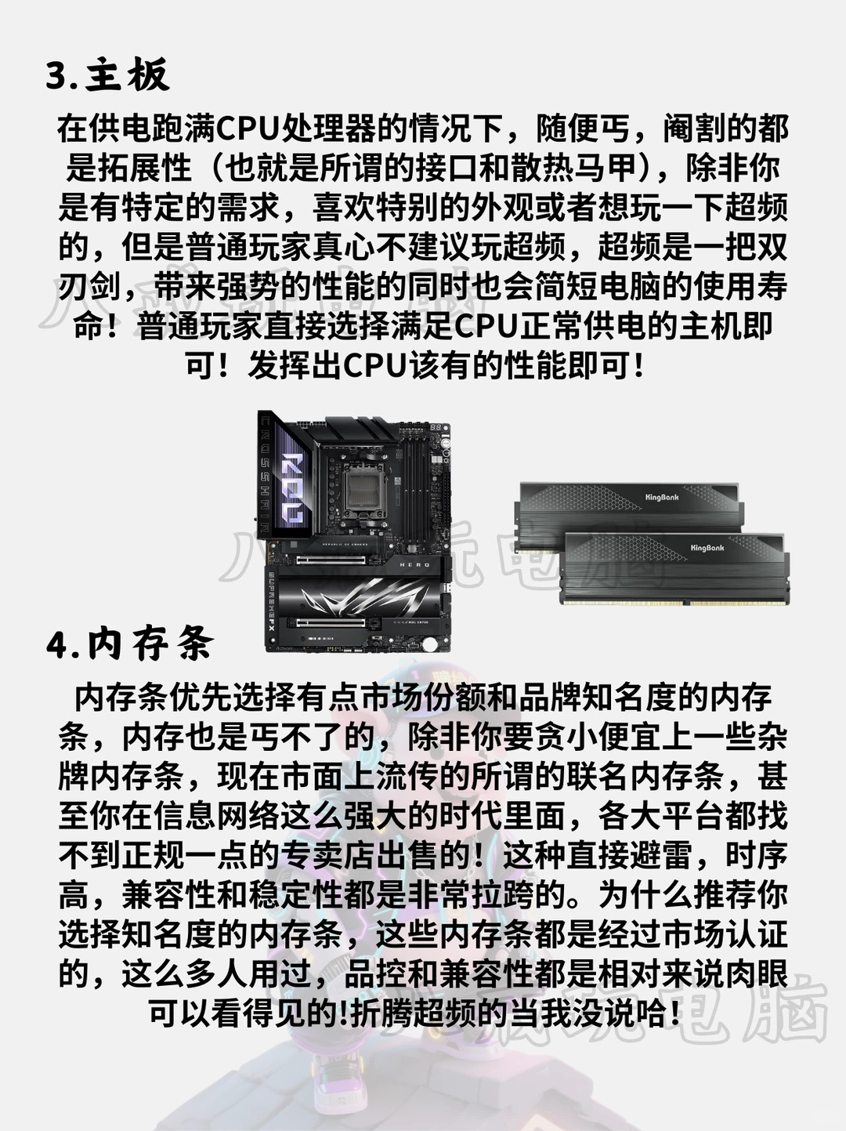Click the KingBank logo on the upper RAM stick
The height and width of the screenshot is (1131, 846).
coord(662,497)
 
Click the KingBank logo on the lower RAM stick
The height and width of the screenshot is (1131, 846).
coord(707,548)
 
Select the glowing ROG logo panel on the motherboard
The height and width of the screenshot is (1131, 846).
coord(293,486)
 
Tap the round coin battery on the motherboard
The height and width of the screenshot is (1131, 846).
coord(430,644)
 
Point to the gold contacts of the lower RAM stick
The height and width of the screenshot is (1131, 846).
coord(674,601)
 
